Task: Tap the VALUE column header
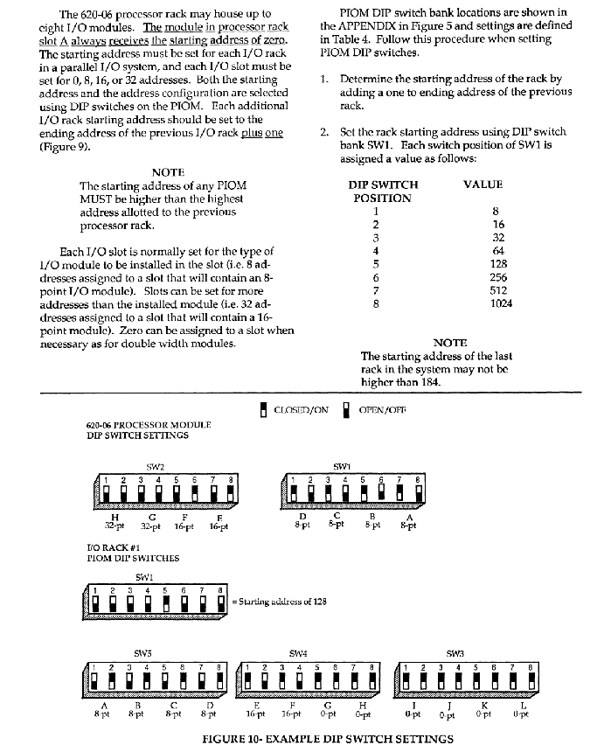point(483,185)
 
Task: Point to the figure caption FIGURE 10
point(328,739)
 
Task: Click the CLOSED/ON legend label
point(301,409)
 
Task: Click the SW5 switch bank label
point(142,652)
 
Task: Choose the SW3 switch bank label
point(455,652)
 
